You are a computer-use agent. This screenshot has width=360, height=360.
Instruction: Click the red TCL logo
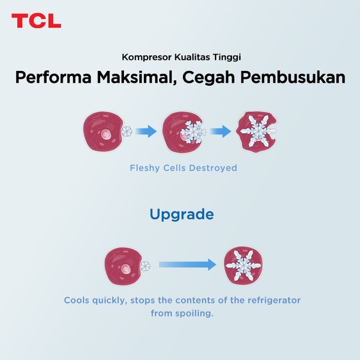coord(36,21)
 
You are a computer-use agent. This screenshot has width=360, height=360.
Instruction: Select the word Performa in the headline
coord(53,77)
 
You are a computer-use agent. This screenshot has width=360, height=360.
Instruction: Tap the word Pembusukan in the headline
coord(293,77)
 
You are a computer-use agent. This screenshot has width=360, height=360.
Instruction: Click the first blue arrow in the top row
coord(146,131)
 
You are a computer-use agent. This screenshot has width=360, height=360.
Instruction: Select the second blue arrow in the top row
coord(220,131)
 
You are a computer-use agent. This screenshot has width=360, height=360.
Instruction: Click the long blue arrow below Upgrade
coord(187,264)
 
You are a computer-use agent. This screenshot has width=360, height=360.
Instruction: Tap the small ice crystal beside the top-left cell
coord(127,131)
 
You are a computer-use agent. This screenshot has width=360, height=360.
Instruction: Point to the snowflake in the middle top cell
coord(193,132)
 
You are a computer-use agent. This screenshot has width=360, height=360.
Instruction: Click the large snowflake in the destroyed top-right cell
coord(258,131)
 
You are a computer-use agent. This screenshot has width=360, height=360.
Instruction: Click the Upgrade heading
coord(181,214)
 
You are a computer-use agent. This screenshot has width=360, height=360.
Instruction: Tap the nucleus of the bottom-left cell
coord(125,269)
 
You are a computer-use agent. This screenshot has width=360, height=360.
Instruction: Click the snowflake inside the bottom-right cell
coord(243,266)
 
